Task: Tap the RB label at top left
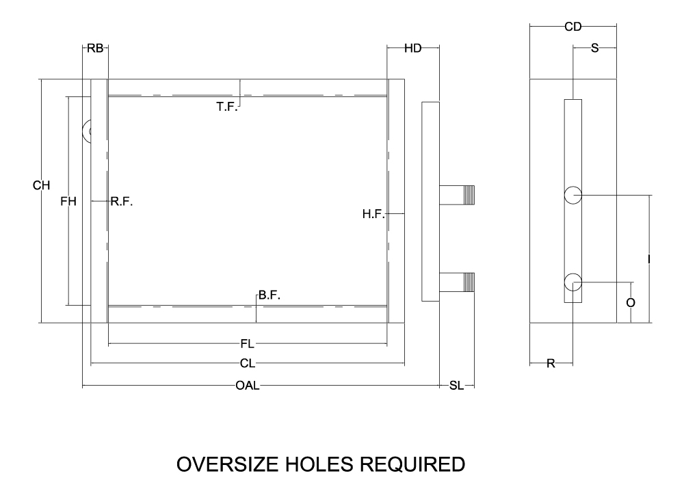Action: (95, 49)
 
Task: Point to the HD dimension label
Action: (412, 49)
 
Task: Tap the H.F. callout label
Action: (374, 215)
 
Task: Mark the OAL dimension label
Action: (247, 386)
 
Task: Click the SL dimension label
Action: (456, 386)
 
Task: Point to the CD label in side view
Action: (573, 27)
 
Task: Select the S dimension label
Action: (594, 49)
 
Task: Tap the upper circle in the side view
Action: (573, 196)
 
